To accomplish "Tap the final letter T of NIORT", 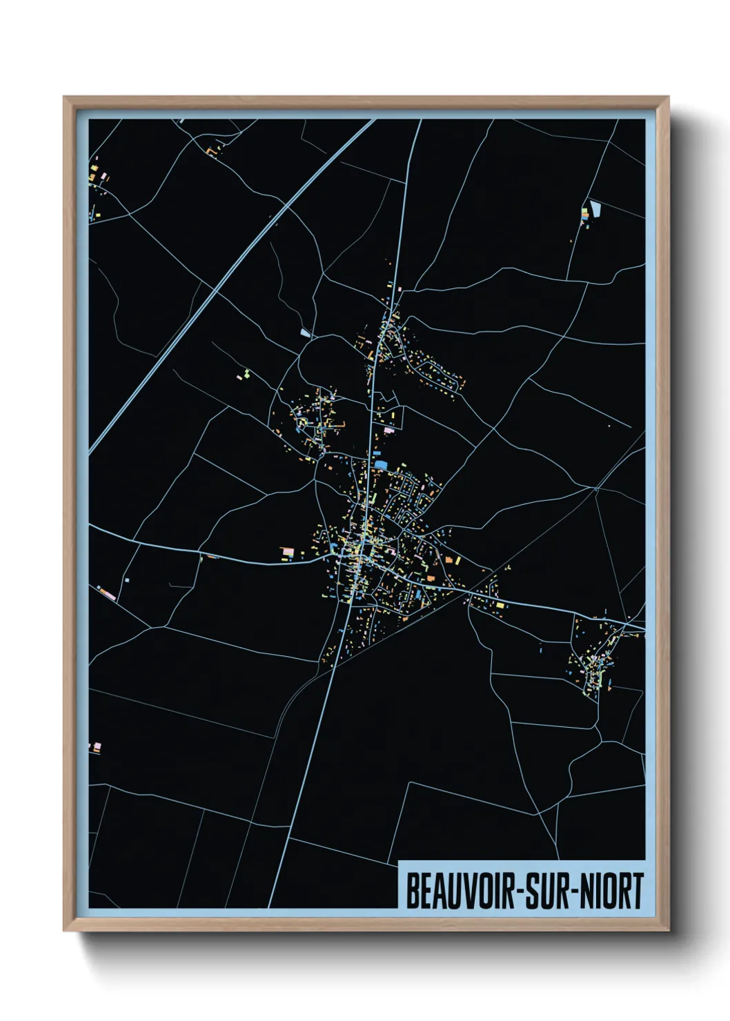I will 638,891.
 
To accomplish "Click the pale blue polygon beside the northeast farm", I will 595,208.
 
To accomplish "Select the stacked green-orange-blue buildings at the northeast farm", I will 586,214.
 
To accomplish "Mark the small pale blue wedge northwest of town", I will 305,333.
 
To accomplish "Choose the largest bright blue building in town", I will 381,464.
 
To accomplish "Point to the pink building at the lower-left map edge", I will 96,746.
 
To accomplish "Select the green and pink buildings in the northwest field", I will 245,375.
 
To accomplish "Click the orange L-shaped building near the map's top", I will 211,150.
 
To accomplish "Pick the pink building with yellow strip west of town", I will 287,552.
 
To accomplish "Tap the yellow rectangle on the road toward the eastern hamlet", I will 500,605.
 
